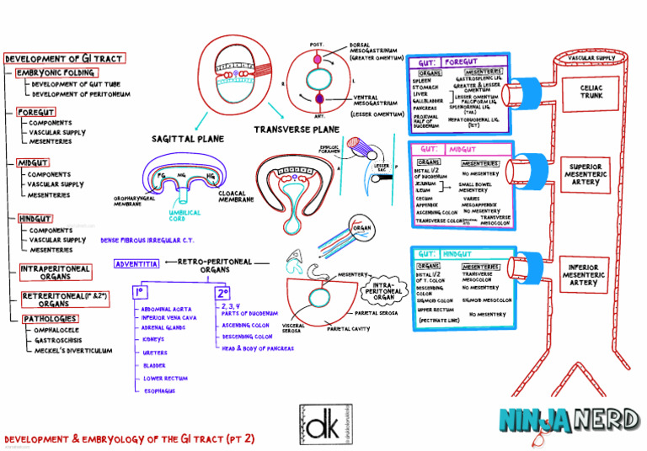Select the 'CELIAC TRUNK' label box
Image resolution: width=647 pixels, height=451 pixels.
pyautogui.click(x=591, y=91)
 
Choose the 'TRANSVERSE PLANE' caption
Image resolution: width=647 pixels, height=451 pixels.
pyautogui.click(x=297, y=130)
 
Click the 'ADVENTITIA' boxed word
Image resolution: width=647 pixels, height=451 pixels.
pyautogui.click(x=136, y=263)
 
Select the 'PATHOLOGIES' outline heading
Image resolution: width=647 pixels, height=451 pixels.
pyautogui.click(x=50, y=319)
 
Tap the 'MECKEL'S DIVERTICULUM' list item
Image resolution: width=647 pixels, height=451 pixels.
pyautogui.click(x=73, y=350)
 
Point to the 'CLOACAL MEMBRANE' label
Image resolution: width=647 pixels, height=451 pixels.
pyautogui.click(x=237, y=196)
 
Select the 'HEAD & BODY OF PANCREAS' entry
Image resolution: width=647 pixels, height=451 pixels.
pyautogui.click(x=257, y=348)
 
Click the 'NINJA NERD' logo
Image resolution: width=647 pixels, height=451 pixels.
pyautogui.click(x=564, y=418)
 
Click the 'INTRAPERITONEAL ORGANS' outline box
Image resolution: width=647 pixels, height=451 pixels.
pyautogui.click(x=56, y=273)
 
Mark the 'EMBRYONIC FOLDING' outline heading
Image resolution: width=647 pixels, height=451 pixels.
pyautogui.click(x=57, y=73)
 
